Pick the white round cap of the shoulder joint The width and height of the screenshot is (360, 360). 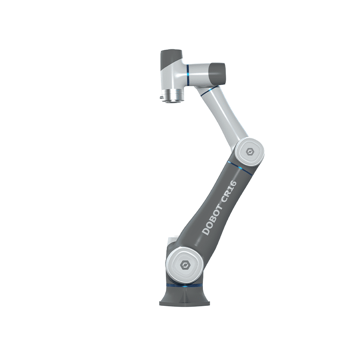183,265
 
